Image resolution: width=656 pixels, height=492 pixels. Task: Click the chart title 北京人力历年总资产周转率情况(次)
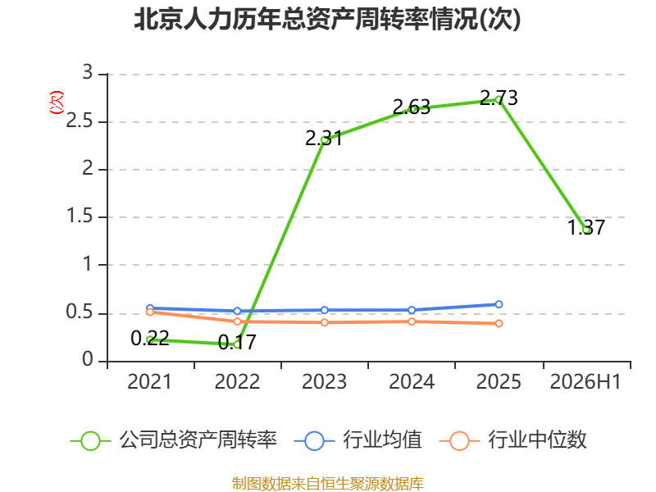click(327, 20)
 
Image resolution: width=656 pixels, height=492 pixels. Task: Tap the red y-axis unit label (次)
click(57, 102)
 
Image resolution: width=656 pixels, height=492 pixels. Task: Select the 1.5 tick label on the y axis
click(80, 216)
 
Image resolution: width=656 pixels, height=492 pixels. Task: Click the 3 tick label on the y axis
click(88, 72)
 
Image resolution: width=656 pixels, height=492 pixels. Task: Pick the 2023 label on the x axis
click(324, 381)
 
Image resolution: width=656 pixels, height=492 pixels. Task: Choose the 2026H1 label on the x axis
click(585, 381)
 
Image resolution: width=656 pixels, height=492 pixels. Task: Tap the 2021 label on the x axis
click(149, 381)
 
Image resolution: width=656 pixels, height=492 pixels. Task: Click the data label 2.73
click(499, 98)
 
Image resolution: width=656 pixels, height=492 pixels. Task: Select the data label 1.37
click(586, 227)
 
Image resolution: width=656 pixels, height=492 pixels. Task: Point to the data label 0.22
click(150, 338)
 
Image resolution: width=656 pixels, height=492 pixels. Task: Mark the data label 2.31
click(324, 139)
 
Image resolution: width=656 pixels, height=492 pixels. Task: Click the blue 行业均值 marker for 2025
click(499, 304)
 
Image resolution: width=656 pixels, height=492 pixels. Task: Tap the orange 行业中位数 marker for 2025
click(499, 323)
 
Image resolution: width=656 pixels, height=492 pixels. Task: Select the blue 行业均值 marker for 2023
click(324, 310)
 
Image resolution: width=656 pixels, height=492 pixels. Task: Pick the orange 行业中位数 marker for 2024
click(412, 321)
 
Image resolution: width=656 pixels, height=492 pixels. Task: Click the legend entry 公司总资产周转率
click(174, 440)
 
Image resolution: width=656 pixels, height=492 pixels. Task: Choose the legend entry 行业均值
click(358, 440)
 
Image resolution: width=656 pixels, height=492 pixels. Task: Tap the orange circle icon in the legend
click(459, 441)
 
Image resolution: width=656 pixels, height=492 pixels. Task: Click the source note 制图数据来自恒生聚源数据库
click(328, 484)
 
